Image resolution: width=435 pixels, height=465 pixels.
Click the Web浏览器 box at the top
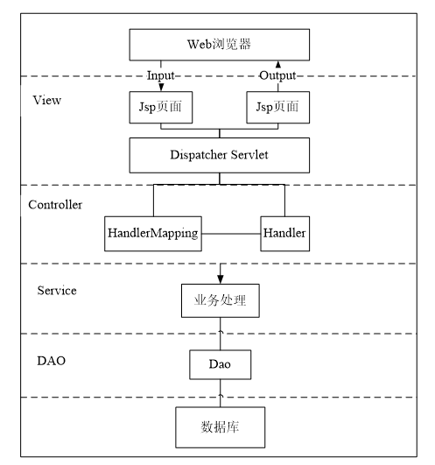[x=219, y=44]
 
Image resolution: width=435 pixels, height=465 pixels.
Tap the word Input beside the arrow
[x=161, y=76]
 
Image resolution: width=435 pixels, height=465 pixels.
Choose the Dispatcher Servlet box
[x=219, y=155]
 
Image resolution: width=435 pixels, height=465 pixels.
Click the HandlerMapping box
[x=153, y=234]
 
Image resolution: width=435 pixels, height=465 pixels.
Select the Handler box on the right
[x=284, y=234]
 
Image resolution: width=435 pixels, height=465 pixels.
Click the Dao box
[x=220, y=363]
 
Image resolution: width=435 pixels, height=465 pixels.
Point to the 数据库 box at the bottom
[x=220, y=428]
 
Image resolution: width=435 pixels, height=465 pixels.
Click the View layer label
[x=46, y=100]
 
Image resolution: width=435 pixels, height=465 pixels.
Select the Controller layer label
[x=55, y=205]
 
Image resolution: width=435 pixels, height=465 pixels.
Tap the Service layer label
[x=56, y=290]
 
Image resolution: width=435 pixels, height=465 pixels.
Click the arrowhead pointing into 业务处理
[x=220, y=278]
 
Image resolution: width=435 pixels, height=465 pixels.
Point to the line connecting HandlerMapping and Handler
[x=231, y=234]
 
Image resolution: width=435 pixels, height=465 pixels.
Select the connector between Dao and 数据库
[x=220, y=392]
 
